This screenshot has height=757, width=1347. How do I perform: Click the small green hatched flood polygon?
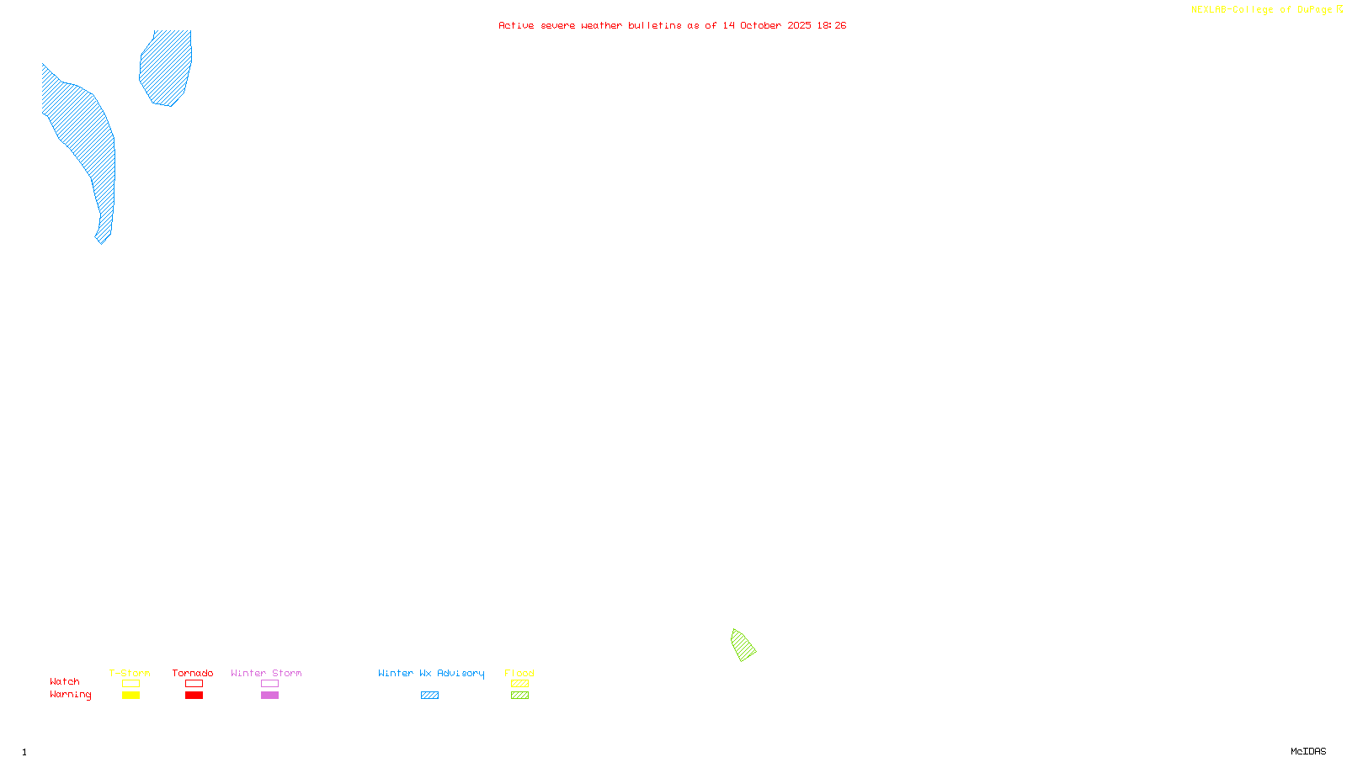[x=743, y=645]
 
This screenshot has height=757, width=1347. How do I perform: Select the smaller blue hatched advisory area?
[x=167, y=67]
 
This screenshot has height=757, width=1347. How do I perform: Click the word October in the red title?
[x=760, y=25]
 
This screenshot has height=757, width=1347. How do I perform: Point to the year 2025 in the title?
[x=800, y=25]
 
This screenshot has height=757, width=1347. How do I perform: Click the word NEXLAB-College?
[x=1232, y=10]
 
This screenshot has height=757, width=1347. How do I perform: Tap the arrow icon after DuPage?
[x=1339, y=9]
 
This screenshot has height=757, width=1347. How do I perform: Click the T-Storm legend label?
[x=130, y=673]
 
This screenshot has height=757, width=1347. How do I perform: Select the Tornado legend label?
[x=193, y=673]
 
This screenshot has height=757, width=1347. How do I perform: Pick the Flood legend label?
[x=519, y=673]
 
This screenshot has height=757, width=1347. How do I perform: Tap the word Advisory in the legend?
[x=461, y=673]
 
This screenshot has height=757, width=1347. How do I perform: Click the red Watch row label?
[x=65, y=681]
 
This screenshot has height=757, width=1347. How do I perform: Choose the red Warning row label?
[x=71, y=695]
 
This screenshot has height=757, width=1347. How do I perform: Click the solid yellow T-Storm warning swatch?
[x=130, y=696]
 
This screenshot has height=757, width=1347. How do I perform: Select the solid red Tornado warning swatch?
[x=194, y=696]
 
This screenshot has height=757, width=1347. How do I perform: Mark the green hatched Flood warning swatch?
[x=519, y=696]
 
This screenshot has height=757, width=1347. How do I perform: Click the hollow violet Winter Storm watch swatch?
[x=269, y=684]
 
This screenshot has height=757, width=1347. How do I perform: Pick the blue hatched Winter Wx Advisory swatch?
[x=429, y=696]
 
